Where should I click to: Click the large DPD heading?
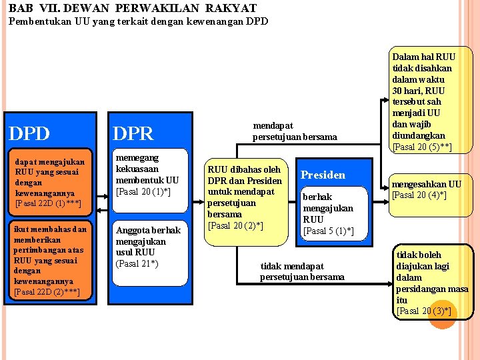(29, 133)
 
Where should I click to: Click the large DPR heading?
(134, 133)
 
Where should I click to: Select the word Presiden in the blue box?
(323, 175)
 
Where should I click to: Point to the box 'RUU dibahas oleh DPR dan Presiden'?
(245, 197)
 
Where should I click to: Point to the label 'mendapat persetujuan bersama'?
(295, 131)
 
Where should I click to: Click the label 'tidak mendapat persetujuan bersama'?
(302, 271)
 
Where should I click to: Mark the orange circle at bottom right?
(442, 314)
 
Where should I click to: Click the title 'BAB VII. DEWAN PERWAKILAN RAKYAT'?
(133, 9)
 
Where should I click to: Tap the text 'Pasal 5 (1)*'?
(328, 231)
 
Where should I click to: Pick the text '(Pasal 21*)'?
(137, 263)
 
